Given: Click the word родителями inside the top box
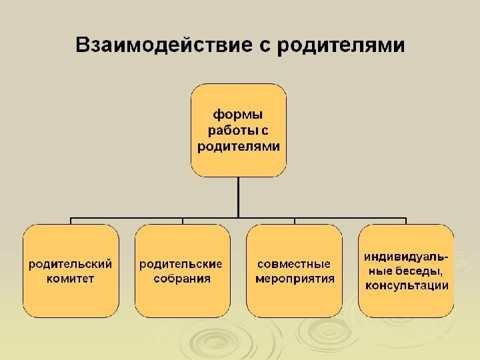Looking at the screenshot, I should coord(239,145).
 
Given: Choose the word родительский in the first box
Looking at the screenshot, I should coord(70,263).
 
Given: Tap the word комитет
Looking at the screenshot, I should coord(70,279).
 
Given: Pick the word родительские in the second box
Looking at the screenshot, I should coord(181,263).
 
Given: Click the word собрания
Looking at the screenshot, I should coord(181,279).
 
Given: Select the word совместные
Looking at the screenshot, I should coord(293,263).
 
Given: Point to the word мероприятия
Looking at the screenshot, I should coord(295,279).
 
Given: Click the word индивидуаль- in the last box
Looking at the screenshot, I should coord(406,256).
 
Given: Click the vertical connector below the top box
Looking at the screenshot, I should coord(239,197).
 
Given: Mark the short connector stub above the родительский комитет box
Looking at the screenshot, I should coord(71,221).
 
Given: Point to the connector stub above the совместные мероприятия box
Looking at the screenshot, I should coord(294,221).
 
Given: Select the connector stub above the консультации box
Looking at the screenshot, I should coord(406,221).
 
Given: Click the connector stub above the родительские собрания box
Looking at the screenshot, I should coord(183,221).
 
